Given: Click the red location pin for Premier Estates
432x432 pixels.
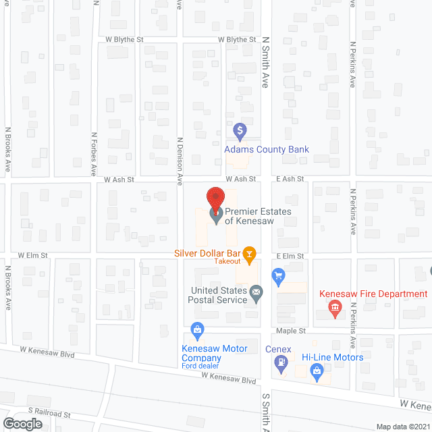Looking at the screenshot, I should tap(215, 198).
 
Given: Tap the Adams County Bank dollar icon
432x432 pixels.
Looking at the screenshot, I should tap(239, 129).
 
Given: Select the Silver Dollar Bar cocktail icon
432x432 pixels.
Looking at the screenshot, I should tap(250, 254).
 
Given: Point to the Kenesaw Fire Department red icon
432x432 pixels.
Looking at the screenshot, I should tap(334, 308).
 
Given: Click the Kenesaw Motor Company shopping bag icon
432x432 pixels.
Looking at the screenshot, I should tap(197, 330).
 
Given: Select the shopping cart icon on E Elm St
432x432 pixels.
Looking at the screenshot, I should tap(277, 275).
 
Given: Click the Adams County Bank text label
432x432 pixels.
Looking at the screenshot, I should tap(267, 149).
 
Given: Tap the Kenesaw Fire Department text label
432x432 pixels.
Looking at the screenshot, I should tap(373, 294).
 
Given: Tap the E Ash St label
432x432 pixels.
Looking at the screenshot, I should tap(290, 179).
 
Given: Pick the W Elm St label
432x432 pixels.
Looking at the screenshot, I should tap(32, 256).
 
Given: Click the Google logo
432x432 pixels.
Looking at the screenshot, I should tap(21, 423).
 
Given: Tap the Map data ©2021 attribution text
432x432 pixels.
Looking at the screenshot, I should tap(402, 426).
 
